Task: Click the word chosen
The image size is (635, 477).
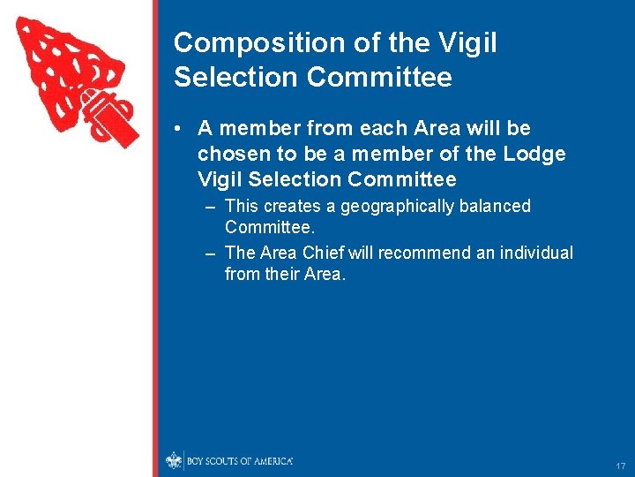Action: click(232, 154)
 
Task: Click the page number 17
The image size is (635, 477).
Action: click(620, 466)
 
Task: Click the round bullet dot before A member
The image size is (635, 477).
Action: click(178, 129)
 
